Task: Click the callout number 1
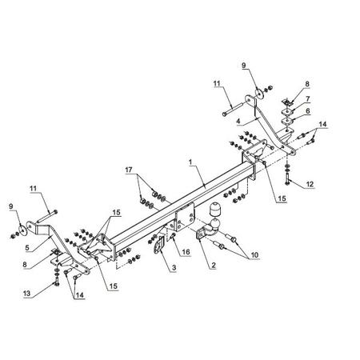pyautogui.click(x=190, y=162)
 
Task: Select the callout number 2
pyautogui.click(x=213, y=266)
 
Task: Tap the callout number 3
pyautogui.click(x=174, y=267)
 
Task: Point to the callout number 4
pyautogui.click(x=238, y=121)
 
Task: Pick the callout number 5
pyautogui.click(x=27, y=248)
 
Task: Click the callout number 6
pyautogui.click(x=308, y=111)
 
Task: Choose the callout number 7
pyautogui.click(x=308, y=99)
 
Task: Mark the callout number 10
pyautogui.click(x=254, y=255)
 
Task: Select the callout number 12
pyautogui.click(x=310, y=184)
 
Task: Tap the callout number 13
pyautogui.click(x=27, y=294)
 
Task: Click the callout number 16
pyautogui.click(x=186, y=252)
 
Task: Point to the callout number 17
pyautogui.click(x=129, y=170)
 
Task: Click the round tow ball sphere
pyautogui.click(x=215, y=223)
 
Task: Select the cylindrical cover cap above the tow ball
pyautogui.click(x=214, y=210)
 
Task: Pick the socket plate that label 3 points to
pyautogui.click(x=158, y=246)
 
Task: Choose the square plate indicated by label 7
pyautogui.click(x=286, y=111)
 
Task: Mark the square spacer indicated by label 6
pyautogui.click(x=287, y=122)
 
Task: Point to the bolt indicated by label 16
pyautogui.click(x=173, y=235)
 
